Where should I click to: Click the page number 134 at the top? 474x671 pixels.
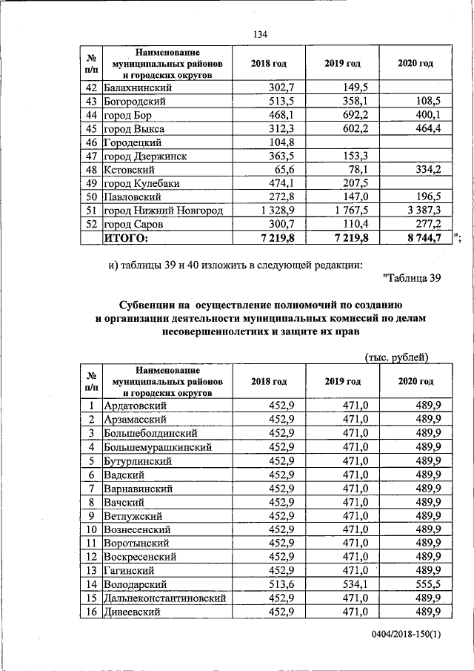(259, 35)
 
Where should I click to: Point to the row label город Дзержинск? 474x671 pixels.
(144, 156)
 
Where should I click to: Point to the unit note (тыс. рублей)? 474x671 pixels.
(397, 357)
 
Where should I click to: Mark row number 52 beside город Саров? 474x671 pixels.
(93, 224)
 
